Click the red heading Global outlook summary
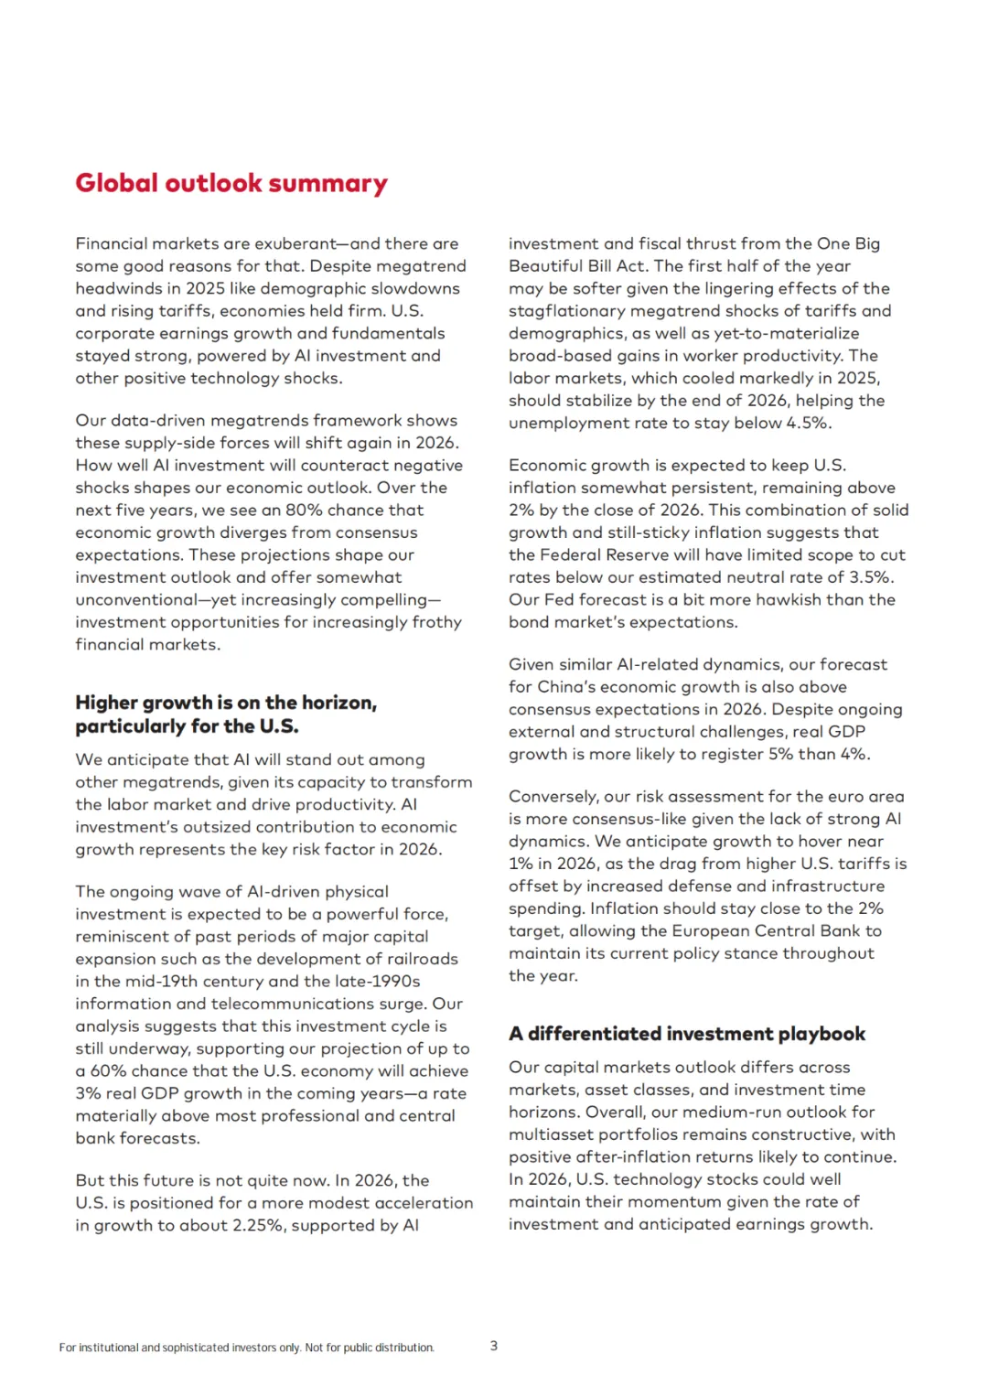231,183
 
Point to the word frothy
437,622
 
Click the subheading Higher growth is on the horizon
226,703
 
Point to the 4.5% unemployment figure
808,423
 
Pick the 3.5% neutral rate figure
867,577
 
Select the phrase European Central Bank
766,930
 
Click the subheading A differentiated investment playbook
687,1034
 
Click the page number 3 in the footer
494,1346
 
